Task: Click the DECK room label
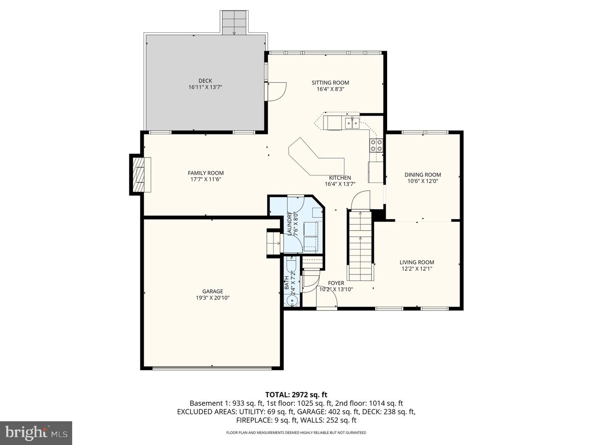click(x=205, y=81)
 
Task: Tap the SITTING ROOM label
click(x=330, y=83)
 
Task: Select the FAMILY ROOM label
click(x=205, y=173)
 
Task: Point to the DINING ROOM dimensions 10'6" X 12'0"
click(x=423, y=181)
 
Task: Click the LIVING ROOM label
click(x=417, y=262)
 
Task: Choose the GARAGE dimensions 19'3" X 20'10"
click(x=212, y=297)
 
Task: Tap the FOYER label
click(x=336, y=283)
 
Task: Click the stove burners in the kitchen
click(x=376, y=145)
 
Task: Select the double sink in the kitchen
click(x=352, y=122)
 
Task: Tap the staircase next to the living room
click(x=360, y=245)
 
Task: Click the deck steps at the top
click(x=234, y=23)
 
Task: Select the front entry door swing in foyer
click(x=327, y=302)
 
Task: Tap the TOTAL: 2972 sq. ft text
click(x=296, y=395)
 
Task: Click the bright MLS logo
click(x=36, y=433)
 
